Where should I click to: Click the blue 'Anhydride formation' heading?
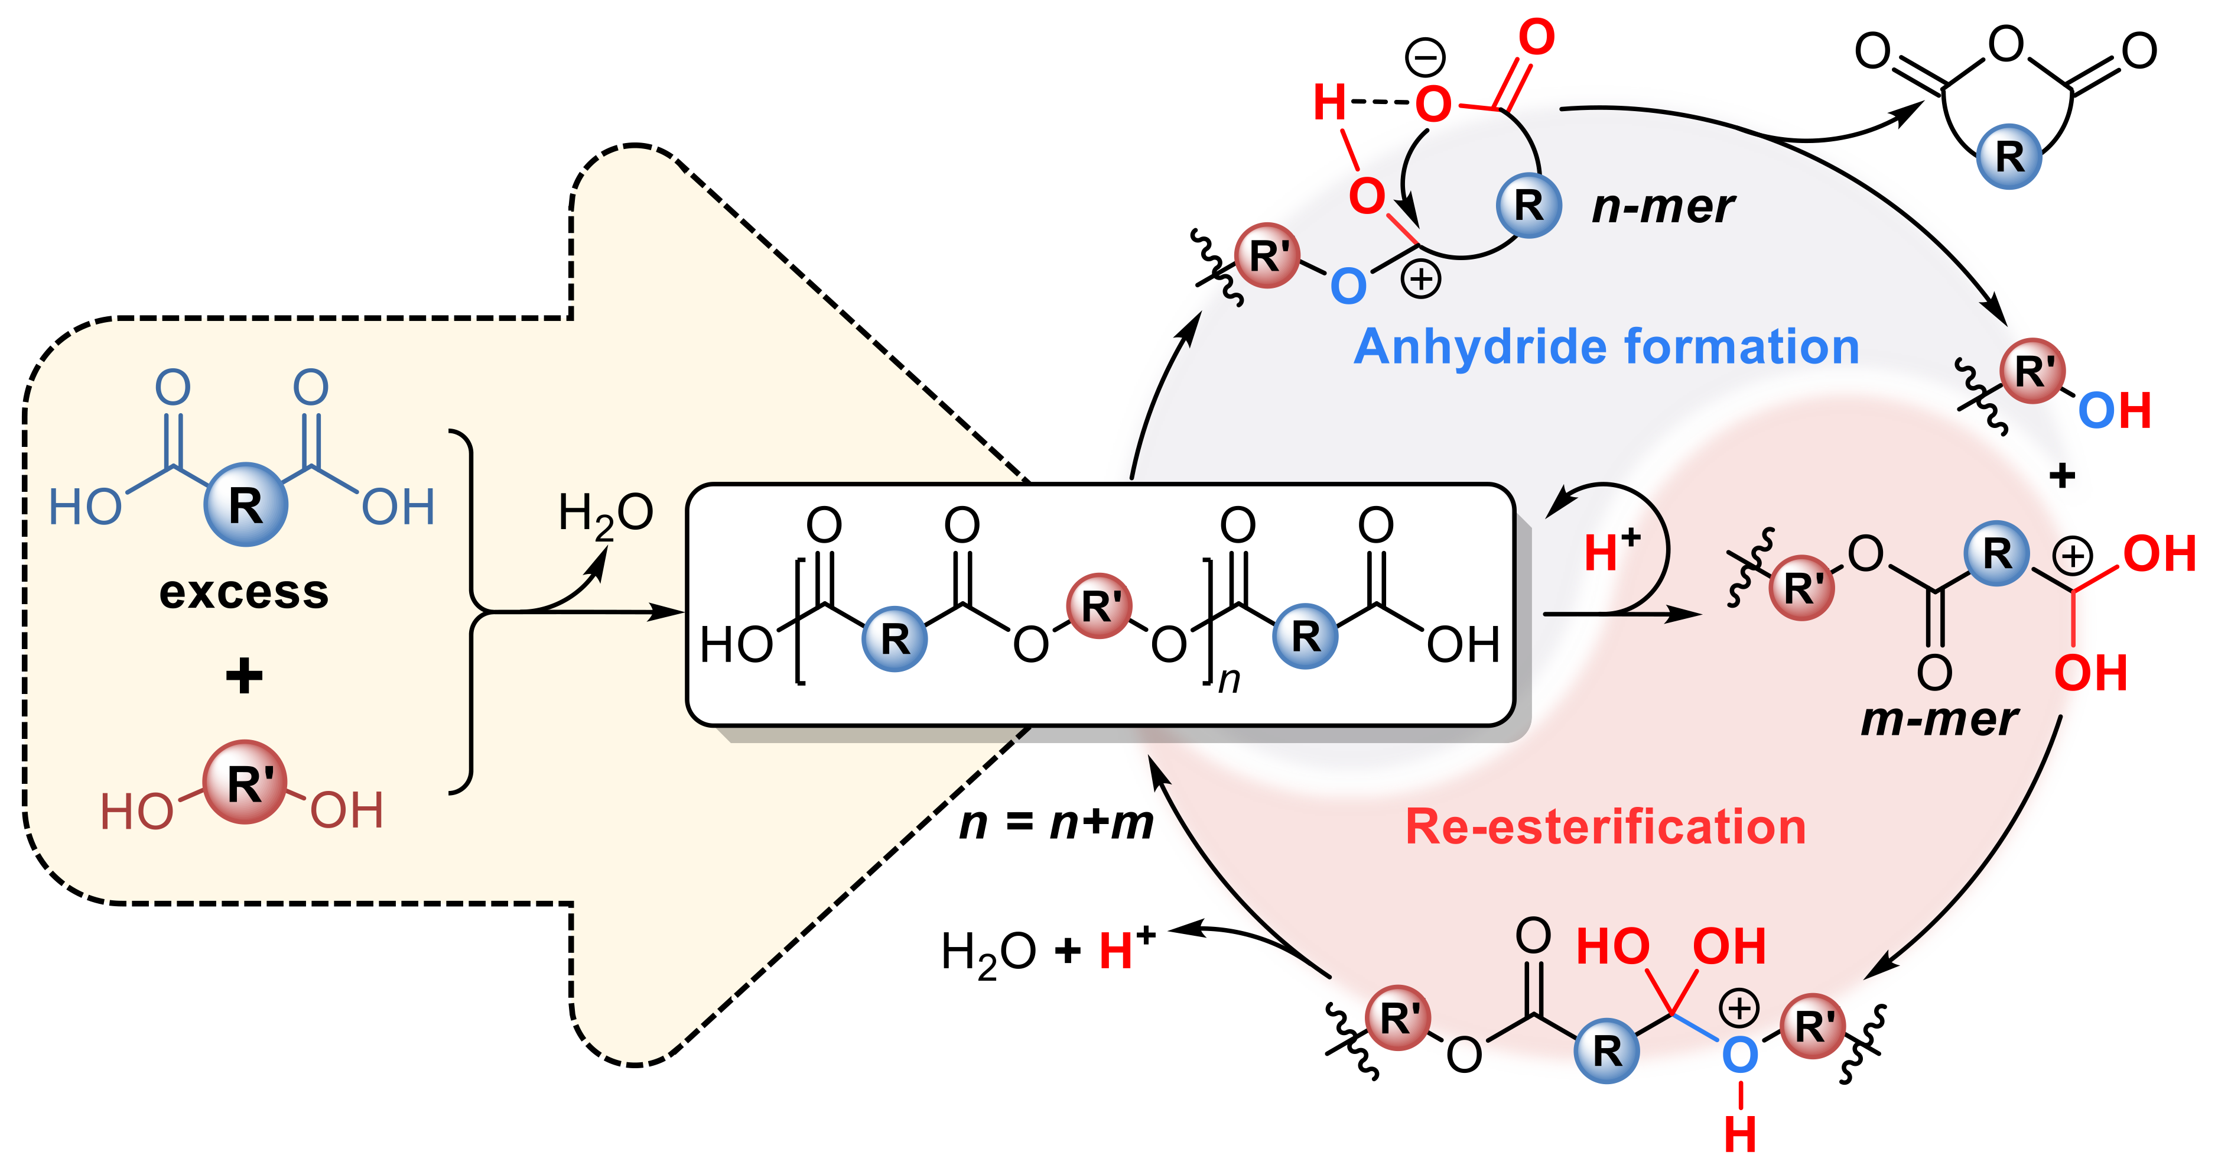tap(1606, 347)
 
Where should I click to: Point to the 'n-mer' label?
tap(1663, 207)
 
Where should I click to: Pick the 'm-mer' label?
tap(1939, 719)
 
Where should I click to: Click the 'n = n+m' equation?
tap(1056, 823)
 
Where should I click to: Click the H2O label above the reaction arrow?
tap(605, 514)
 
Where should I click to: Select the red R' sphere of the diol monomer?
tap(245, 782)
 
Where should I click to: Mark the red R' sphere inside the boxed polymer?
tap(1100, 605)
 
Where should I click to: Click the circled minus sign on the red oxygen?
tap(1425, 59)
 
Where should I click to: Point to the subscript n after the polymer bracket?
tap(1230, 680)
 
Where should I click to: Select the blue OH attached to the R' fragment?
tap(2114, 411)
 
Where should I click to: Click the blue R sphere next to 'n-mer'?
tap(1528, 206)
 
